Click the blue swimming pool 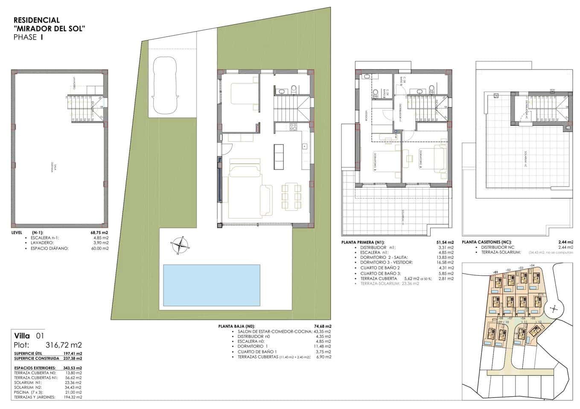point(212,285)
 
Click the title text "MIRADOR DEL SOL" point(50,29)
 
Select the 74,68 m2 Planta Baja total point(322,326)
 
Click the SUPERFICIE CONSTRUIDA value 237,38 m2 point(73,359)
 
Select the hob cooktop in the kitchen point(294,127)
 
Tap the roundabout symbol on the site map point(554,309)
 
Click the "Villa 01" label point(29,336)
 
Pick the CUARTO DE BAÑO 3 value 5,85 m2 point(445,273)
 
